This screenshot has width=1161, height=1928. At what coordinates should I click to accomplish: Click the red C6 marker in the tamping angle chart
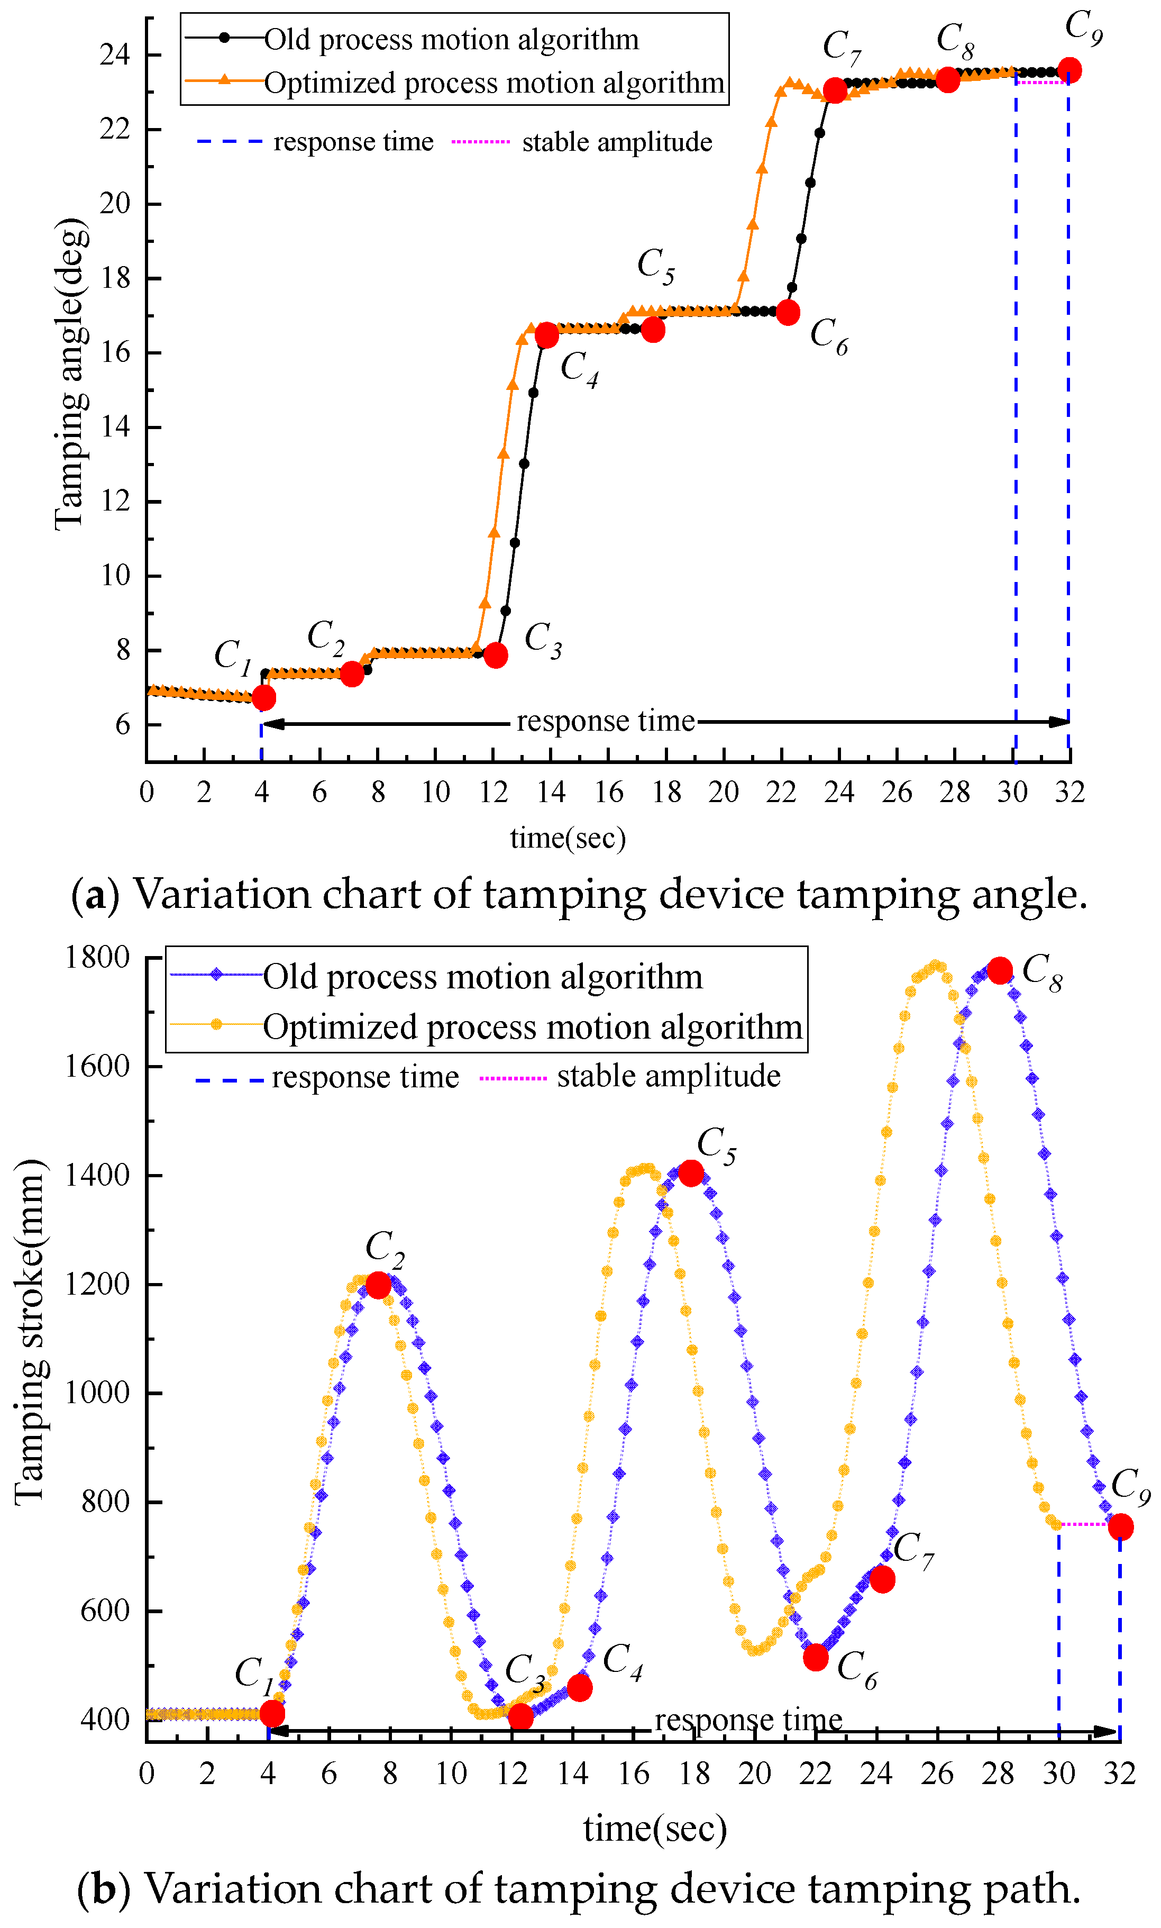[x=788, y=312]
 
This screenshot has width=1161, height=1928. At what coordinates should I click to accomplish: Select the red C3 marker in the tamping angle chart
[x=495, y=655]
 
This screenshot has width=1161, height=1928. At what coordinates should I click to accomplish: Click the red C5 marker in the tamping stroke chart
[x=691, y=1173]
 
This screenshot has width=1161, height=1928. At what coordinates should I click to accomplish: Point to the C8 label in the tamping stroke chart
[x=1043, y=972]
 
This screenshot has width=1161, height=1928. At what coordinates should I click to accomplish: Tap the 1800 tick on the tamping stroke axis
[x=97, y=957]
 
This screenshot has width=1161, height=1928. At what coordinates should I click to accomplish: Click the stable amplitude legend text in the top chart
[x=617, y=142]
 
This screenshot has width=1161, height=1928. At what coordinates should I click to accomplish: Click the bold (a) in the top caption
[x=95, y=894]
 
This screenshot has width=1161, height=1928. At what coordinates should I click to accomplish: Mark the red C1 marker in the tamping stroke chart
[x=271, y=1714]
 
